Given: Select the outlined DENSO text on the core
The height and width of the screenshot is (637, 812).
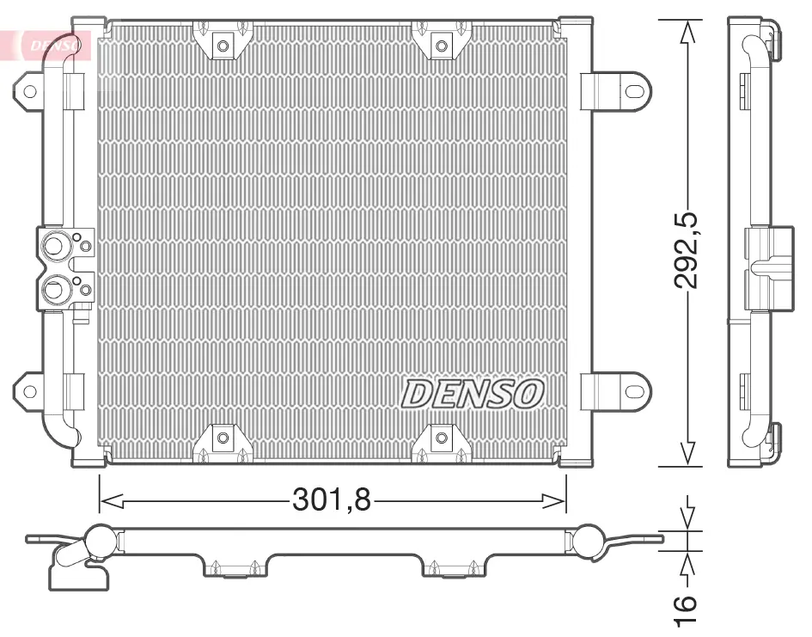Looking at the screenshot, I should [473, 395].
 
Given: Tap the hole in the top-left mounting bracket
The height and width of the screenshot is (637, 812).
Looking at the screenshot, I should [222, 45].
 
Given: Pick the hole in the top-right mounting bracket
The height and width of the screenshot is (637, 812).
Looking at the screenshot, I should [442, 45].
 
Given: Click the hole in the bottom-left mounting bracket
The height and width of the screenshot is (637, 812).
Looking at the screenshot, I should [222, 439].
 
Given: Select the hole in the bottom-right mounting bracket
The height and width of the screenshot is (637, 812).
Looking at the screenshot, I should [442, 439].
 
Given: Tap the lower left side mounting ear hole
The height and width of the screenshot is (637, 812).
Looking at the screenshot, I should [29, 392].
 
